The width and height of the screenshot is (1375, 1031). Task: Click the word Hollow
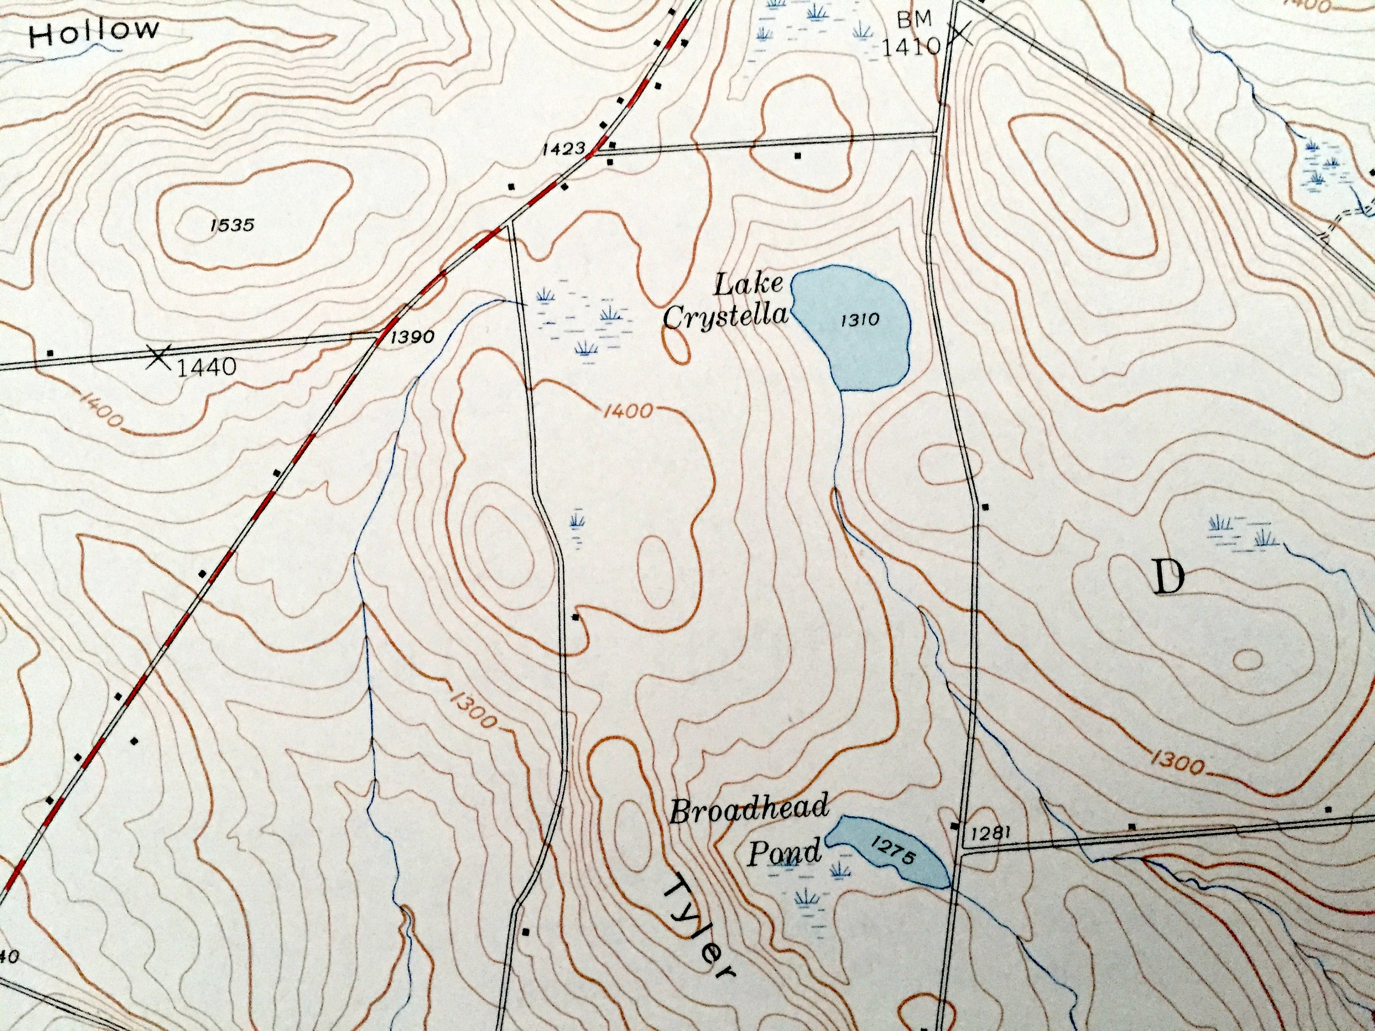tap(93, 32)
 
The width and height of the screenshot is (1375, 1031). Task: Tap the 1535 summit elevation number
tap(232, 225)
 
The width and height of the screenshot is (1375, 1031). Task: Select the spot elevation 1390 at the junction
tap(412, 337)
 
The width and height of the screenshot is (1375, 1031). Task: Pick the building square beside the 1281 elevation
tap(955, 825)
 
